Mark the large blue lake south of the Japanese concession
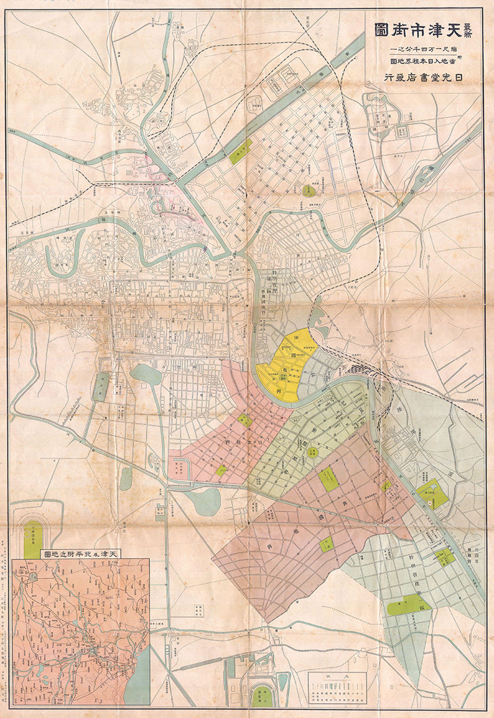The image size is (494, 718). pyautogui.click(x=203, y=502)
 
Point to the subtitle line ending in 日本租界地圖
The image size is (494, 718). pyautogui.click(x=426, y=61)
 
